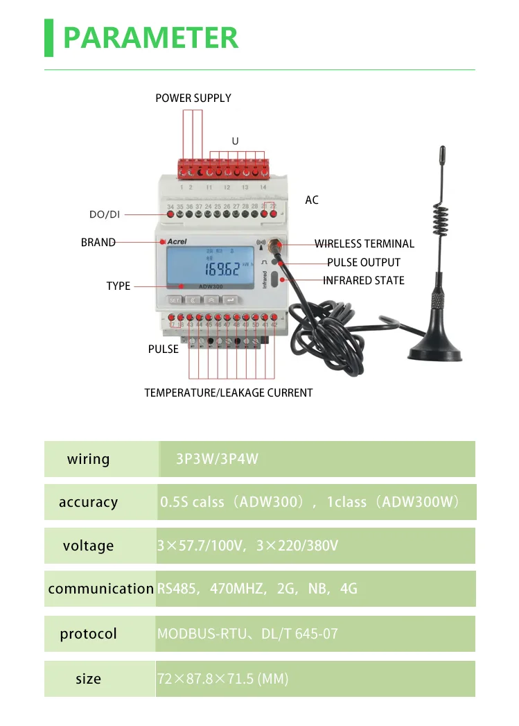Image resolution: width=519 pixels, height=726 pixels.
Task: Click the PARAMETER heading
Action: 150,37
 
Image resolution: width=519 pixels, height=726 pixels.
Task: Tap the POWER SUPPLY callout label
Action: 193,98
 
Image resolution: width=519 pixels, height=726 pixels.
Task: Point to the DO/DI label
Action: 105,214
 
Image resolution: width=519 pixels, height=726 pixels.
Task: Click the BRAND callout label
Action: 98,243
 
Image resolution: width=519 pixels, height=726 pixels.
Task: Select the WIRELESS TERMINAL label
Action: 364,243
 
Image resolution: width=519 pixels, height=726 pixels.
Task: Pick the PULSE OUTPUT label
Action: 364,262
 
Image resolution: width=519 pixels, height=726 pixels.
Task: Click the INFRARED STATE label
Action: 364,281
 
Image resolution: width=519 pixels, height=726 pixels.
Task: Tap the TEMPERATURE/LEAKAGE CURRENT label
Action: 228,393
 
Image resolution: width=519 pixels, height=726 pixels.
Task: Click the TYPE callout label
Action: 118,286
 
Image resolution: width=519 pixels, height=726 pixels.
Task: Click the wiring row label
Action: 88,459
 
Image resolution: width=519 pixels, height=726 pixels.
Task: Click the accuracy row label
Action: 88,502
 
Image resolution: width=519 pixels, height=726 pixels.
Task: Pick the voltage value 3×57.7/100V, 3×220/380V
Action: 247,546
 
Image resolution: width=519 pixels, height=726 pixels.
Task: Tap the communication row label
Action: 100,589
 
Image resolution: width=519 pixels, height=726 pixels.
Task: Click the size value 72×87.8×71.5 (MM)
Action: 222,679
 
